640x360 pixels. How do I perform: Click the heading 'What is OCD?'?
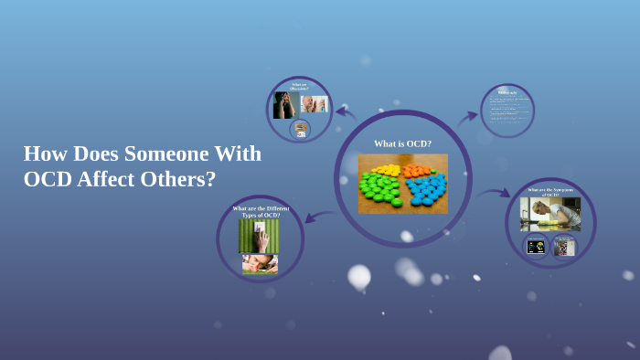point(402,143)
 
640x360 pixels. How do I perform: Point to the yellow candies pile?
point(387,170)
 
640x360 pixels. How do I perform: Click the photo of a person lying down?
point(260,264)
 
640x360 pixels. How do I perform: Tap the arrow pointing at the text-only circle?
point(468,117)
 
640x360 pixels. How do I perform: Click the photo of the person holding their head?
point(284,104)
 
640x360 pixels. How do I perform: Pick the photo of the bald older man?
point(314,103)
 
